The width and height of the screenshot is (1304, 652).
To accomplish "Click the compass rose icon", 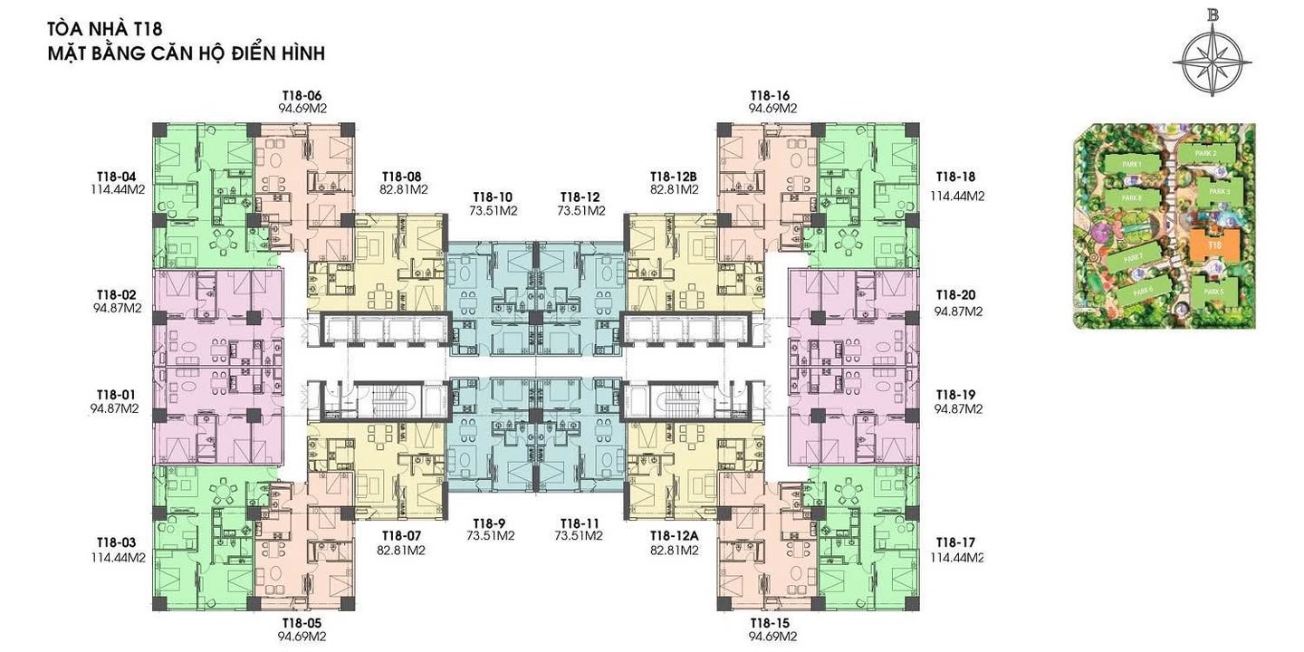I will (1212, 62).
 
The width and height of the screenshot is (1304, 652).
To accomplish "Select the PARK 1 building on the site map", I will (1129, 164).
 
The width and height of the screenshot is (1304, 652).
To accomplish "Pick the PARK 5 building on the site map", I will (1213, 292).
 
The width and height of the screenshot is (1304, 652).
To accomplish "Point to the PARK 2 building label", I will (1204, 154).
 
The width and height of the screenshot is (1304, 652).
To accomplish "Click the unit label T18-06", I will (302, 95).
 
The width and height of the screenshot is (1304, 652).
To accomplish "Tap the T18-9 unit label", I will (489, 523).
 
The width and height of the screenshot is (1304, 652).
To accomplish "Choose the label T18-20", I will (956, 295).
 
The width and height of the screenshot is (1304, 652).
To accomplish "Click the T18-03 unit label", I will (116, 542).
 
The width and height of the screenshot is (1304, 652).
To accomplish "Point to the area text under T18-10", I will (493, 211).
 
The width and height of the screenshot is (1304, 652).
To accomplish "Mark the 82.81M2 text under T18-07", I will (401, 550).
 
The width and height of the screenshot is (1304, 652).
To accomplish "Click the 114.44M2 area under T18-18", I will (956, 196).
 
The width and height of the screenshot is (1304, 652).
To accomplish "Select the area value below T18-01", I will (114, 408).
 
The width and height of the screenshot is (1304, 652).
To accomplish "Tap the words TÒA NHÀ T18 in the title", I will (105, 31).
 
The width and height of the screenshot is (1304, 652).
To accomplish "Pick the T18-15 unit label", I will (771, 623).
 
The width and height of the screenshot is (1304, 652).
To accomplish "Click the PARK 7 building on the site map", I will (1132, 258).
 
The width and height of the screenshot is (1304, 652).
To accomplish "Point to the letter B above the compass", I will (1212, 14).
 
